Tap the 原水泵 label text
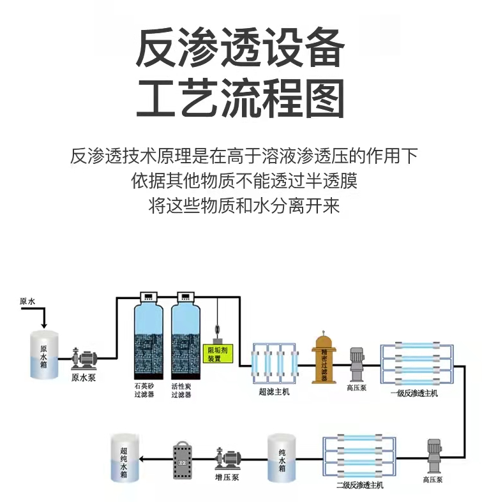coord(83,378)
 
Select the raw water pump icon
coord(84,358)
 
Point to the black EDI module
coord(183,459)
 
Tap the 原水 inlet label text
coord(27,301)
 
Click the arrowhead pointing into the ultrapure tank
coord(143,459)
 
